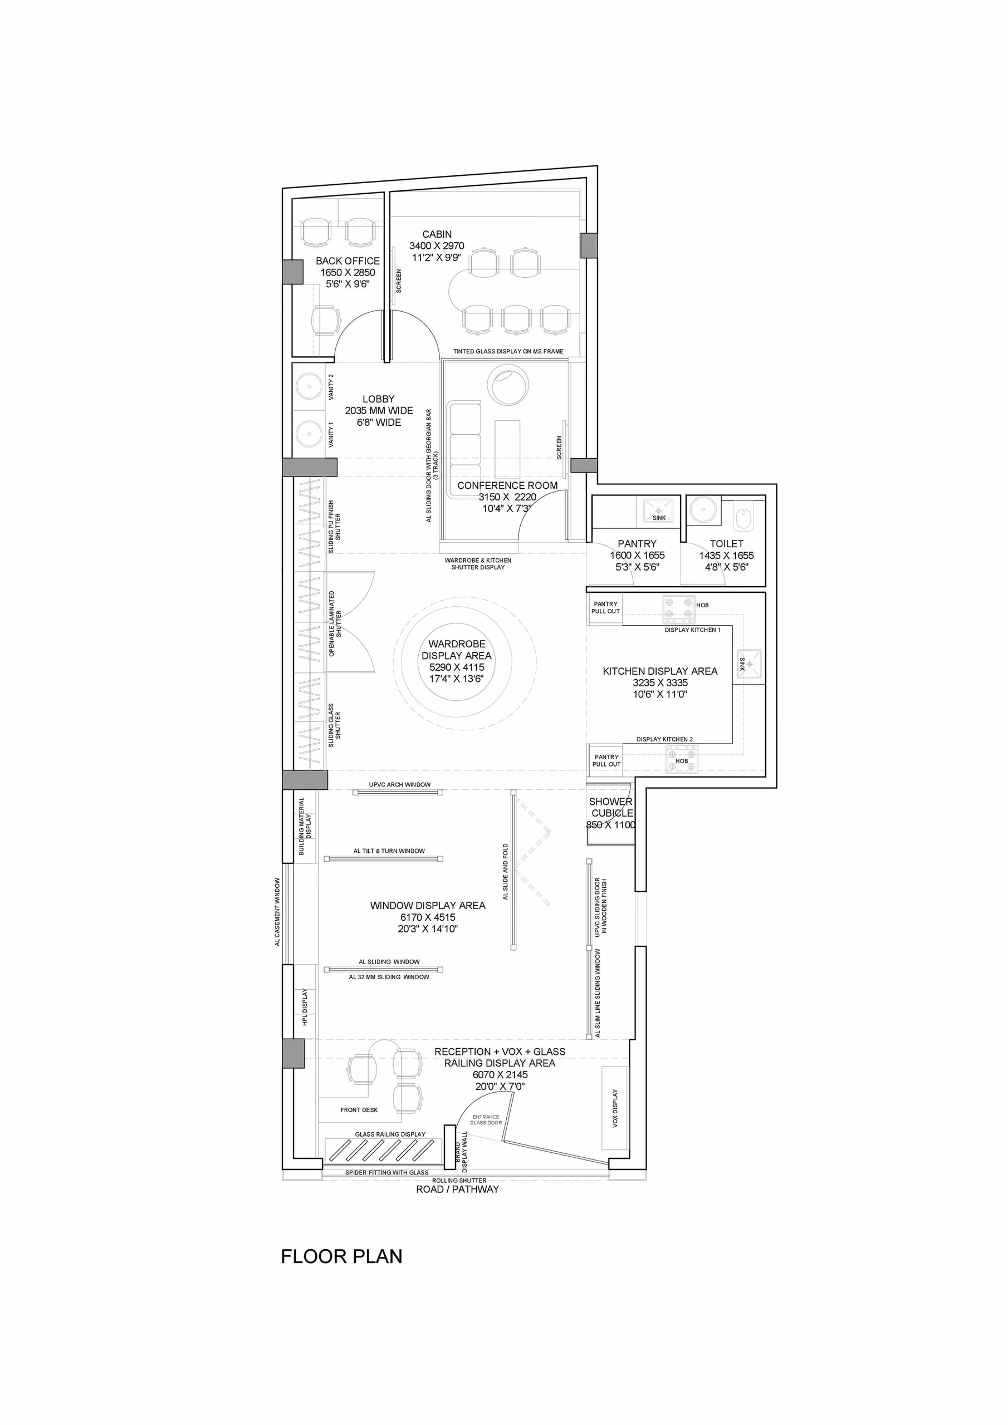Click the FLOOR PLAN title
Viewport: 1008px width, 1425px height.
[341, 1257]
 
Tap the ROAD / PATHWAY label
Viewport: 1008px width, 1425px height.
[457, 1189]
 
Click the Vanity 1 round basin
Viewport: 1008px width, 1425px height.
[309, 433]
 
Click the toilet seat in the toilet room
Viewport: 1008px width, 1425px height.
[743, 518]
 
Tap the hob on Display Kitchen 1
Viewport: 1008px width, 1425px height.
[678, 609]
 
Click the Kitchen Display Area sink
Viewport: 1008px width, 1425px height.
[750, 664]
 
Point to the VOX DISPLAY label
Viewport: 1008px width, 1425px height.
[615, 1108]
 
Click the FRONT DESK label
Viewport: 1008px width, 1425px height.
[359, 1110]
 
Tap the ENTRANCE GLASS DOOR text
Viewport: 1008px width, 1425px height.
[486, 1119]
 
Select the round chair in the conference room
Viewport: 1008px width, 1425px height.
[509, 385]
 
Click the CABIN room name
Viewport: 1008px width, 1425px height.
[437, 234]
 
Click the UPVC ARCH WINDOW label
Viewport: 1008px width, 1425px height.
[399, 784]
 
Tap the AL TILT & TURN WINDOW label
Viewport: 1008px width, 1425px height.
[389, 851]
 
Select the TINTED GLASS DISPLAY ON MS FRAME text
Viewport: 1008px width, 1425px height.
[508, 351]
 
